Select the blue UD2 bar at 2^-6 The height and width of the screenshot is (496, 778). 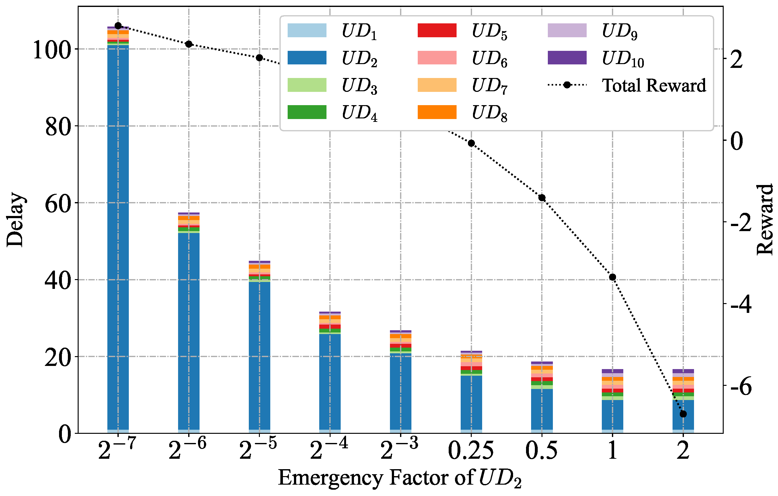point(189,331)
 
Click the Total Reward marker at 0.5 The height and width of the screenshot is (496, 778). point(542,198)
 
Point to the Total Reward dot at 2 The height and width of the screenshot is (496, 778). point(683,414)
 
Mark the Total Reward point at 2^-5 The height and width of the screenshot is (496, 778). point(260,58)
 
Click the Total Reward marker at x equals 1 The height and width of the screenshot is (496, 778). point(612,277)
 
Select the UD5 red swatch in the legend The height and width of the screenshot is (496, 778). point(437,30)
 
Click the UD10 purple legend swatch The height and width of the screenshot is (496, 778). point(567,57)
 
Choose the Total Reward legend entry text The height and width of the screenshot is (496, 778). point(654,85)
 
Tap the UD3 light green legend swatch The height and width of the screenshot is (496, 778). point(307,85)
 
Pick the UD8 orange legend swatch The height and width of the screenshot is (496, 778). point(437,112)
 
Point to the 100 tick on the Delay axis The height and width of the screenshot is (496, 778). point(52,50)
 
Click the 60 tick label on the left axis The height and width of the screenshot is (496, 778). point(58,204)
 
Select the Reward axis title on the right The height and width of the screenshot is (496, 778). point(765,220)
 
